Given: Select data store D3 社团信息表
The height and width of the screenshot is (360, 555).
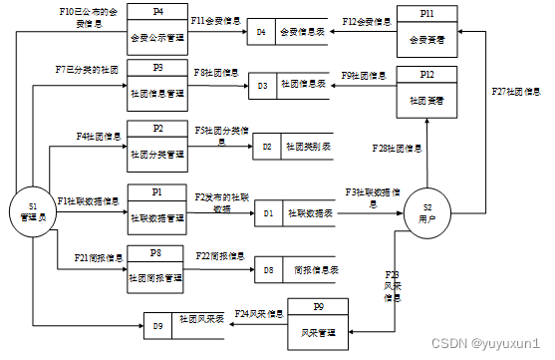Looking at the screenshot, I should pos(289,87).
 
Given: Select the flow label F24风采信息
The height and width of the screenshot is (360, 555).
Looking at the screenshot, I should pos(256,313).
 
